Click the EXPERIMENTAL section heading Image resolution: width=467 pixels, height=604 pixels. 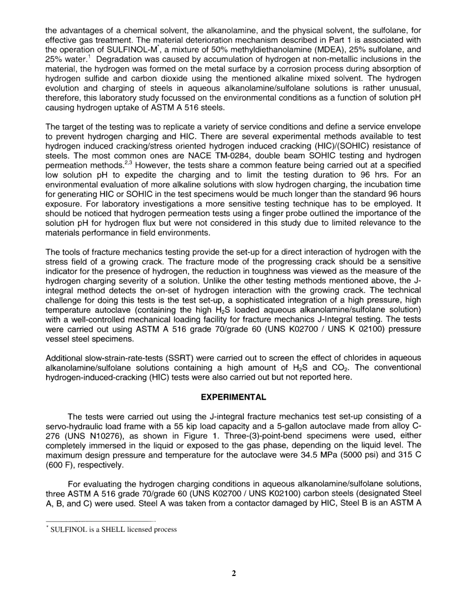(x=233, y=397)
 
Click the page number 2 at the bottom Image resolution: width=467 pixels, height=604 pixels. (x=234, y=573)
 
